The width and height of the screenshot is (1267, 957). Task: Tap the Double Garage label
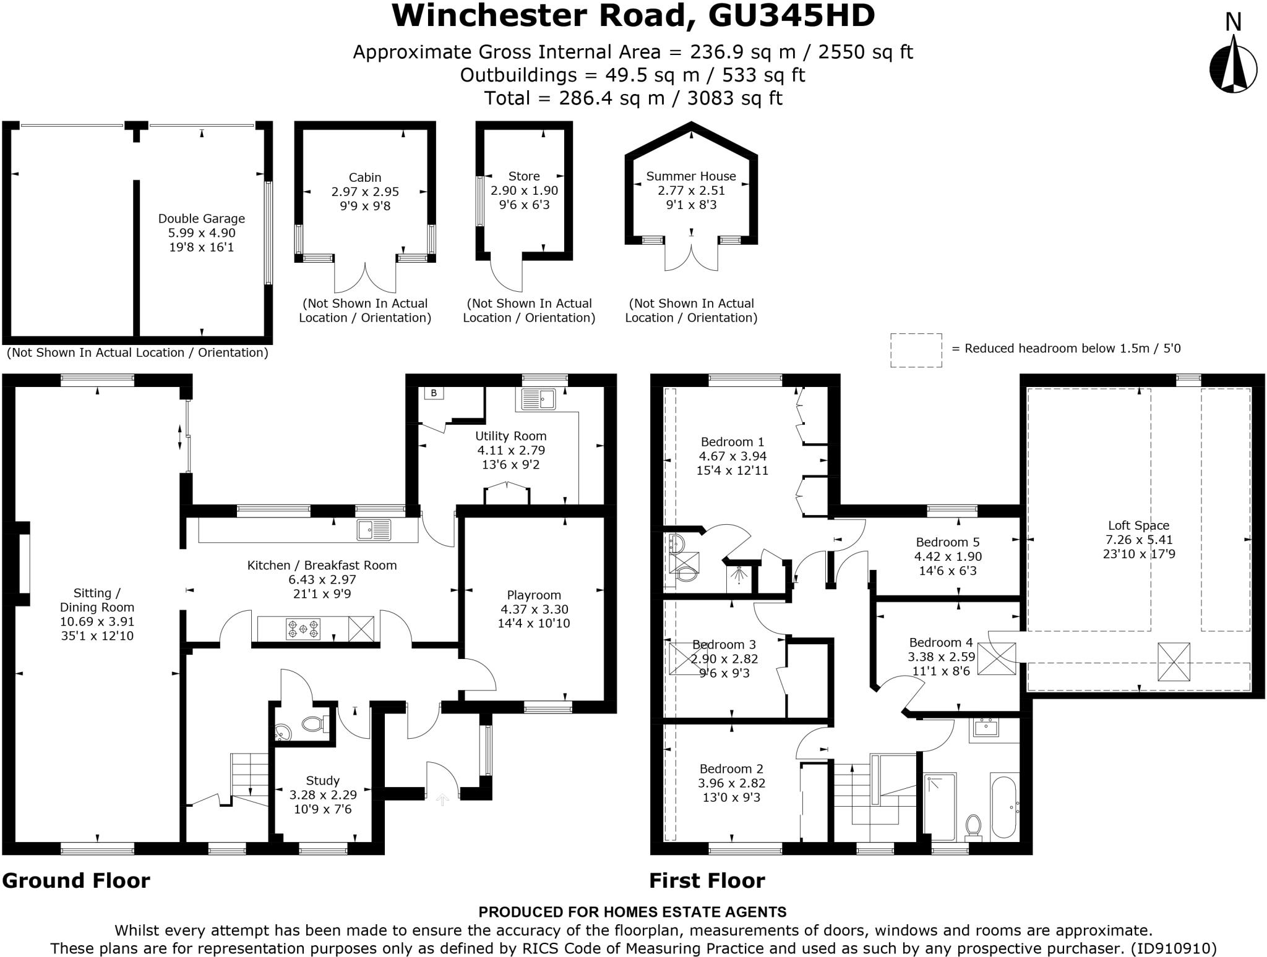[202, 218]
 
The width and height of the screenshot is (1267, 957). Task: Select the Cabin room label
[365, 177]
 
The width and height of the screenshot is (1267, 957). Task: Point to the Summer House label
[691, 176]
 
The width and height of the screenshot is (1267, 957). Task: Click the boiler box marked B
[434, 393]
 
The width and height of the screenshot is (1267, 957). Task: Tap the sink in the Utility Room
[536, 399]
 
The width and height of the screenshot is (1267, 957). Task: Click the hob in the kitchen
[303, 629]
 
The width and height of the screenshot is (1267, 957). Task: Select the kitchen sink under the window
[374, 530]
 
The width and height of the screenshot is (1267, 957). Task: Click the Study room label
[323, 781]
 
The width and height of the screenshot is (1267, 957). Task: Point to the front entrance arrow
[442, 799]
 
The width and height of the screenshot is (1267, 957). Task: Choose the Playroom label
[534, 595]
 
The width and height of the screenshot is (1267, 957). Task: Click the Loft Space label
[1138, 525]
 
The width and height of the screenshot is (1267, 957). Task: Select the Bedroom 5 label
[948, 542]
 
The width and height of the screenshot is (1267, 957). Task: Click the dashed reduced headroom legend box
[916, 350]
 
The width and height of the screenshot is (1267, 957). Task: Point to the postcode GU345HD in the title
[791, 16]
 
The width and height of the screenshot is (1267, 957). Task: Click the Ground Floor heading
[76, 880]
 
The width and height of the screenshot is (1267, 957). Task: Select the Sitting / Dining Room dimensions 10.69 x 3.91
[97, 622]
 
